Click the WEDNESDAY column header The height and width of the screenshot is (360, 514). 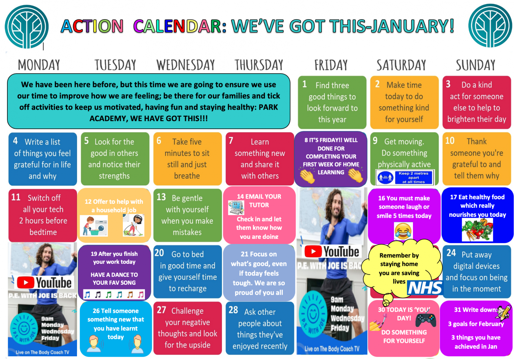(185, 65)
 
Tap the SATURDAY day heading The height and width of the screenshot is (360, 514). (401, 65)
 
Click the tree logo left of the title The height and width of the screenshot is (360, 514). (27, 27)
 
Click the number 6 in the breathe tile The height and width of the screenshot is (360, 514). (159, 141)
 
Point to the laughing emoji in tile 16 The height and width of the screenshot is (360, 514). (403, 231)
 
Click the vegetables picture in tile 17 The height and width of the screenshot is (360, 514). (477, 230)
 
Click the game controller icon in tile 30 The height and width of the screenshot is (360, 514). (426, 321)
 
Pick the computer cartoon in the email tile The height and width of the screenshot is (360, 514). (236, 207)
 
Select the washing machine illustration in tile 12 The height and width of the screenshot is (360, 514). (94, 226)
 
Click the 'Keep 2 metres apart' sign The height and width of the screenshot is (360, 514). (405, 177)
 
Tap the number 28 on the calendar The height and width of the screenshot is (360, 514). (233, 310)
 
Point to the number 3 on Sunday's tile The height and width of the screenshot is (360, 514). (448, 84)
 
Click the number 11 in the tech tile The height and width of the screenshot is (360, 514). (16, 197)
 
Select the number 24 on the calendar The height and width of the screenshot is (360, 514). (451, 253)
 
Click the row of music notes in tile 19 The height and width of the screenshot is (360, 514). (114, 294)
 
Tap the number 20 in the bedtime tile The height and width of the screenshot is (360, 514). (159, 253)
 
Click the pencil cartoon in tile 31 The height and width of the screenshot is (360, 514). (504, 312)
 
